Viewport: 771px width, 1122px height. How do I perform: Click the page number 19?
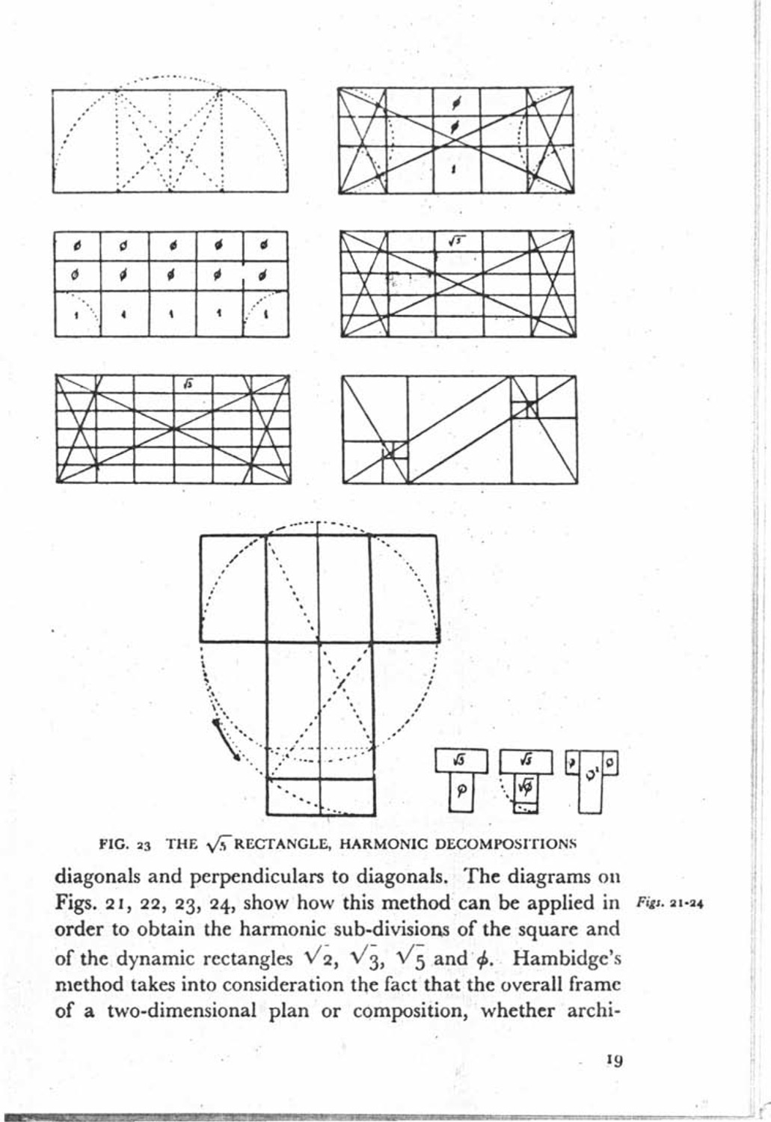pos(615,1059)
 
